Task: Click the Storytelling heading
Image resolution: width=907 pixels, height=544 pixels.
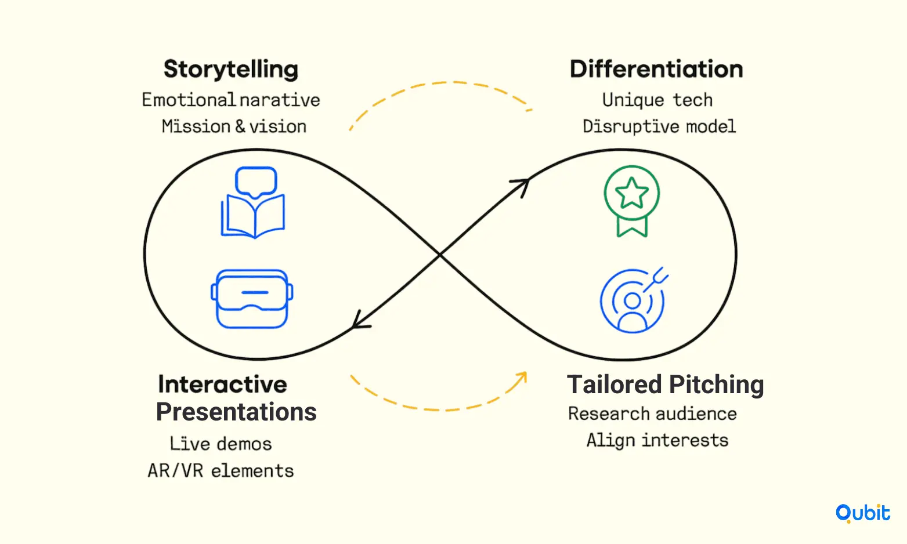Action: coord(231,70)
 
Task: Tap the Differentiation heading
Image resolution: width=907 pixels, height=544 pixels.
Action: coord(656,69)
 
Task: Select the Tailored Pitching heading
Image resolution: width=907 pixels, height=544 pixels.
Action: coord(665,385)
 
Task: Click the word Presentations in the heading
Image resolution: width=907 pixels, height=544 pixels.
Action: coord(236,412)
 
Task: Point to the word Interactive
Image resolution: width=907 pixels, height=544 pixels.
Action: coord(223,384)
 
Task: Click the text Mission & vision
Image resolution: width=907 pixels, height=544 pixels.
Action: coord(234,126)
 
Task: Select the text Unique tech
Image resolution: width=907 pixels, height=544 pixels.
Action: coord(657,100)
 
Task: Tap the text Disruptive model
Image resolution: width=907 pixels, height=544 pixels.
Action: coord(659,126)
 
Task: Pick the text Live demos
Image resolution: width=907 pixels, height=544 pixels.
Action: coord(221,444)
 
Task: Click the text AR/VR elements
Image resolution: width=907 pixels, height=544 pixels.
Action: coord(221,471)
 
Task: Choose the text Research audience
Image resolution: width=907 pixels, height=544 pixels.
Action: coord(652,414)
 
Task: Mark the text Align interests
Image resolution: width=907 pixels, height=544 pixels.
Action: coord(657,441)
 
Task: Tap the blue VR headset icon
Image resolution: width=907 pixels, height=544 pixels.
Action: coord(252,299)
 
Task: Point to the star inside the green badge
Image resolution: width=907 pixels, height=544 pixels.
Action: coord(632,193)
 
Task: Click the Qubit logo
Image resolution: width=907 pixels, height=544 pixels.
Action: coord(863,513)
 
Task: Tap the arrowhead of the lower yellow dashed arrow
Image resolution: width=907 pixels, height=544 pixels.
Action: coord(522,378)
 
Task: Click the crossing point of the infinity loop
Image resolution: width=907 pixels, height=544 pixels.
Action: coord(440,255)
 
